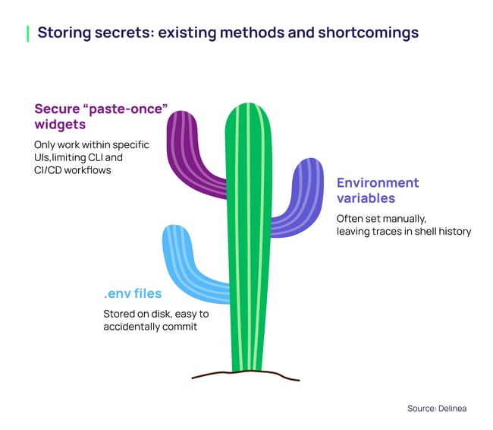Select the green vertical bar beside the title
point(28,33)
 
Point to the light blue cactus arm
point(182,258)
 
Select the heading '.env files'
point(133,293)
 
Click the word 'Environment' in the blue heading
point(378,183)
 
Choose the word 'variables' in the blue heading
point(366,198)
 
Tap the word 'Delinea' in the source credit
point(452,408)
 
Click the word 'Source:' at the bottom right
point(421,408)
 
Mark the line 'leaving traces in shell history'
point(404,231)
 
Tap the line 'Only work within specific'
point(91,144)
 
